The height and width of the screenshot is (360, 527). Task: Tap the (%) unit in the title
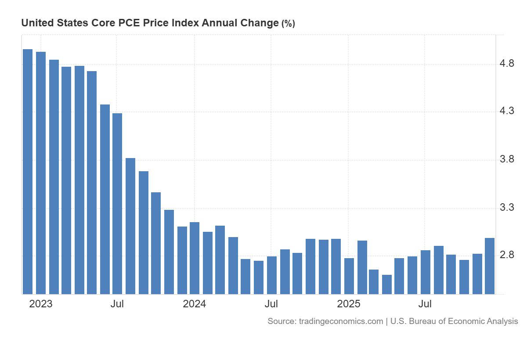coord(288,24)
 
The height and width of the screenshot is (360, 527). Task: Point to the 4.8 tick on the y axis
coord(507,64)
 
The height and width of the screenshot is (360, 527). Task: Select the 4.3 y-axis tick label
coord(507,111)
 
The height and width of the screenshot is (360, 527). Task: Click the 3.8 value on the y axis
coord(507,159)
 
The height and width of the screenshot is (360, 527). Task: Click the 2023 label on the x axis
coord(40,304)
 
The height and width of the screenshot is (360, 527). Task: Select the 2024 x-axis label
coord(194,304)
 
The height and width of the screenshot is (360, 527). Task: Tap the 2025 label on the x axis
coord(348,304)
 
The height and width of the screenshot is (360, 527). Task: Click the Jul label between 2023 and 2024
coord(117,304)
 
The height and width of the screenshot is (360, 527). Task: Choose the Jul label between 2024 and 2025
coord(271,304)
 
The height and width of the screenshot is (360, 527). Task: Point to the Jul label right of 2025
coord(425,304)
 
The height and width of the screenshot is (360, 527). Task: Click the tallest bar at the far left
coord(28,171)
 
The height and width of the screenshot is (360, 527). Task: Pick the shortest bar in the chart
coord(387,284)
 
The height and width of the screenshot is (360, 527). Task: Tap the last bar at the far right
coord(489,266)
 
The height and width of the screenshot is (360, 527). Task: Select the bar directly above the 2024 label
coord(195,258)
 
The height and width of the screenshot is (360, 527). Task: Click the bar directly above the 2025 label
coord(349,276)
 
